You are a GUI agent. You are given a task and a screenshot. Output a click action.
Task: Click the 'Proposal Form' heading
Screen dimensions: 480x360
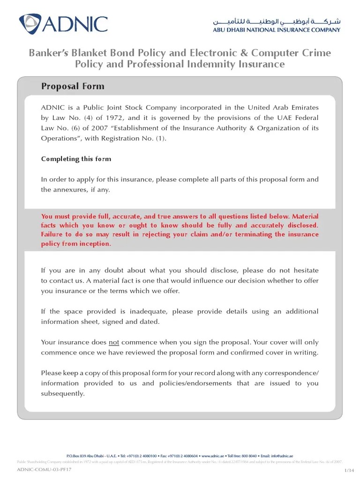(73, 86)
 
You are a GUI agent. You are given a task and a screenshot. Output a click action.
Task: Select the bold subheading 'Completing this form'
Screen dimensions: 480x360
(76, 159)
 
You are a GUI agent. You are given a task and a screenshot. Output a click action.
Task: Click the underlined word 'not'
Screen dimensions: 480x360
(114, 342)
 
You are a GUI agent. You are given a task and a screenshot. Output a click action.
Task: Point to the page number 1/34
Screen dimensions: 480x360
(348, 470)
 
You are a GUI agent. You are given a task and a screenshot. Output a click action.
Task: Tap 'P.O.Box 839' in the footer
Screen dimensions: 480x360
(76, 456)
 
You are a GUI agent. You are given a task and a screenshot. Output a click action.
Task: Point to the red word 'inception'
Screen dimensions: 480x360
(95, 244)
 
